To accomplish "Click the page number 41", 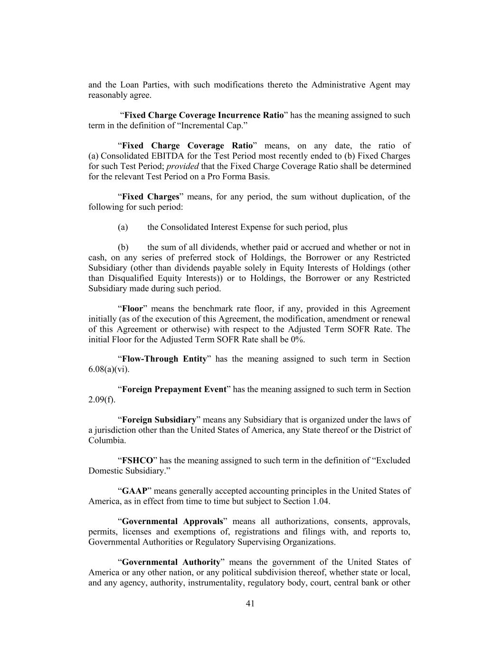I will tap(250, 603).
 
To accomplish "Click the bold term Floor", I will tap(132, 309).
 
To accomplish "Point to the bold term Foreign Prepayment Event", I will tap(174, 389).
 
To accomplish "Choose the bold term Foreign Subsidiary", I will tap(159, 420).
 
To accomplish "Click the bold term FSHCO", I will tap(138, 460).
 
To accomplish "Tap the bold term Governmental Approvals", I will tap(172, 521).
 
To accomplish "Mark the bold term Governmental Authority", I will tap(171, 562).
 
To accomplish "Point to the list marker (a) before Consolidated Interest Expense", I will tap(123, 227).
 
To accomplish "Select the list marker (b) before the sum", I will tap(123, 247).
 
